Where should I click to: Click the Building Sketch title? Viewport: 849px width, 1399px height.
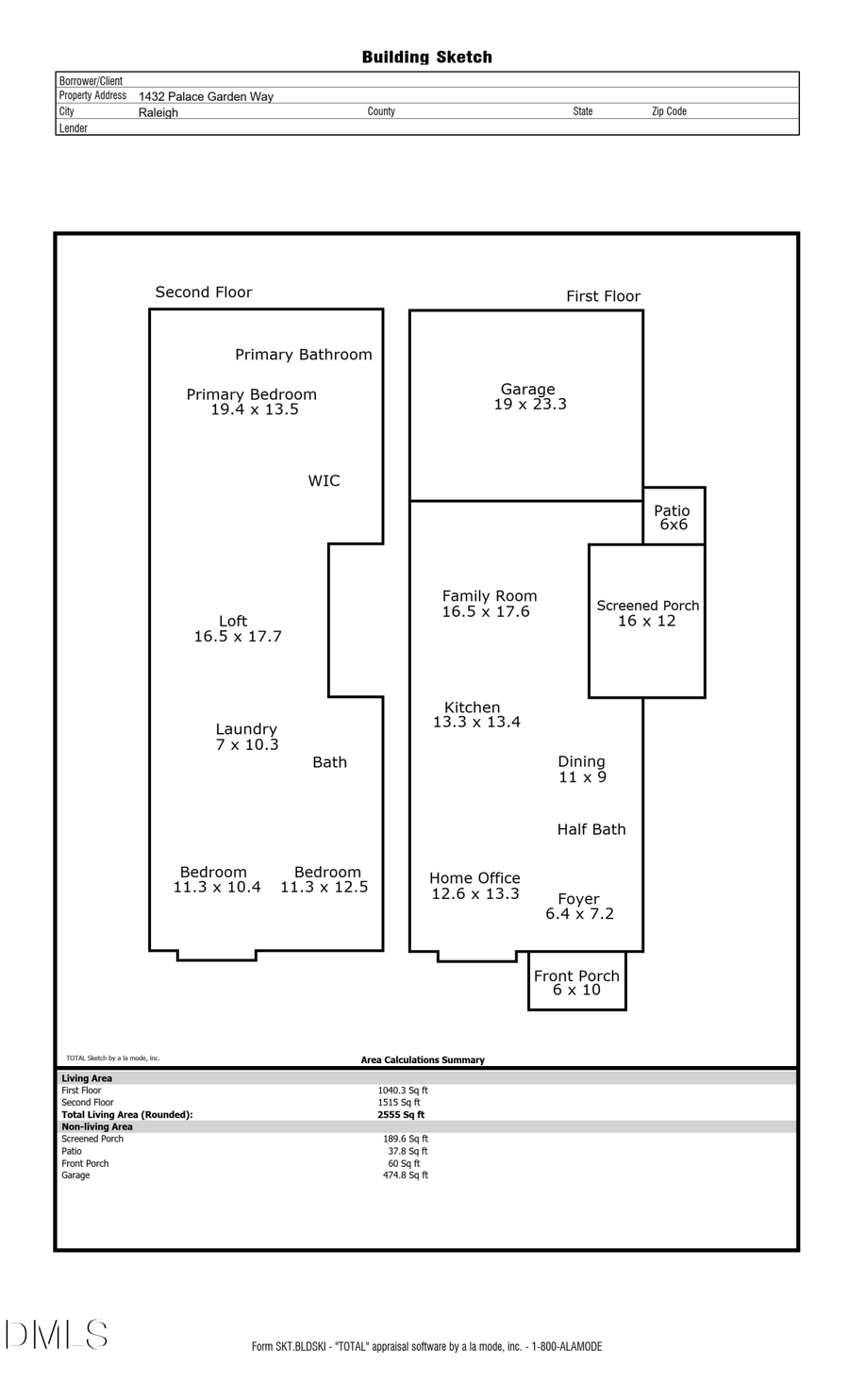pyautogui.click(x=426, y=58)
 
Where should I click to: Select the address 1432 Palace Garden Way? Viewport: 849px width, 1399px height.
pyautogui.click(x=206, y=96)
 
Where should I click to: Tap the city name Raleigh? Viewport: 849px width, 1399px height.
pyautogui.click(x=158, y=112)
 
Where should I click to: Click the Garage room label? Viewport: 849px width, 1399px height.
pyautogui.click(x=527, y=389)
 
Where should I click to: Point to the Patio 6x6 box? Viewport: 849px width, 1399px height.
pyautogui.click(x=674, y=517)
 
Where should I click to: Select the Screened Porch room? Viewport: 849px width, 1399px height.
pyautogui.click(x=647, y=613)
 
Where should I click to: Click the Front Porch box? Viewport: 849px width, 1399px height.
pyautogui.click(x=576, y=983)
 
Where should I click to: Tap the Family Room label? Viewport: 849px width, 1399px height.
pyautogui.click(x=490, y=596)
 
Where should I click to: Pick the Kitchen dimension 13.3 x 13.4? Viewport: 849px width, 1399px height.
pyautogui.click(x=476, y=723)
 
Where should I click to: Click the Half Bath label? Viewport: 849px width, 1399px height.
pyautogui.click(x=591, y=829)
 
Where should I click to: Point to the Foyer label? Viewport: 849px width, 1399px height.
pyautogui.click(x=578, y=899)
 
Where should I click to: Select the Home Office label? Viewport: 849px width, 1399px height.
pyautogui.click(x=474, y=878)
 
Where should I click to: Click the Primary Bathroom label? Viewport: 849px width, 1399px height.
pyautogui.click(x=303, y=355)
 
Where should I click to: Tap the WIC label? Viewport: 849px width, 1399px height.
pyautogui.click(x=324, y=481)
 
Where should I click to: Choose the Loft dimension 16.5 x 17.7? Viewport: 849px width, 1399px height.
pyautogui.click(x=238, y=637)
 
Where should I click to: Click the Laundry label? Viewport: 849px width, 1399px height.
pyautogui.click(x=246, y=729)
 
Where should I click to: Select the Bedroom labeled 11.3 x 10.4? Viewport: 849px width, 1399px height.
pyautogui.click(x=216, y=879)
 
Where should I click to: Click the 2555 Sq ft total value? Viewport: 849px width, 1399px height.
pyautogui.click(x=400, y=1114)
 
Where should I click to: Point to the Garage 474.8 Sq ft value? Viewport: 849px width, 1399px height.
pyautogui.click(x=405, y=1175)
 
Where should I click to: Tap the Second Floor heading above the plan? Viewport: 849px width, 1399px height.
pyautogui.click(x=204, y=292)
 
